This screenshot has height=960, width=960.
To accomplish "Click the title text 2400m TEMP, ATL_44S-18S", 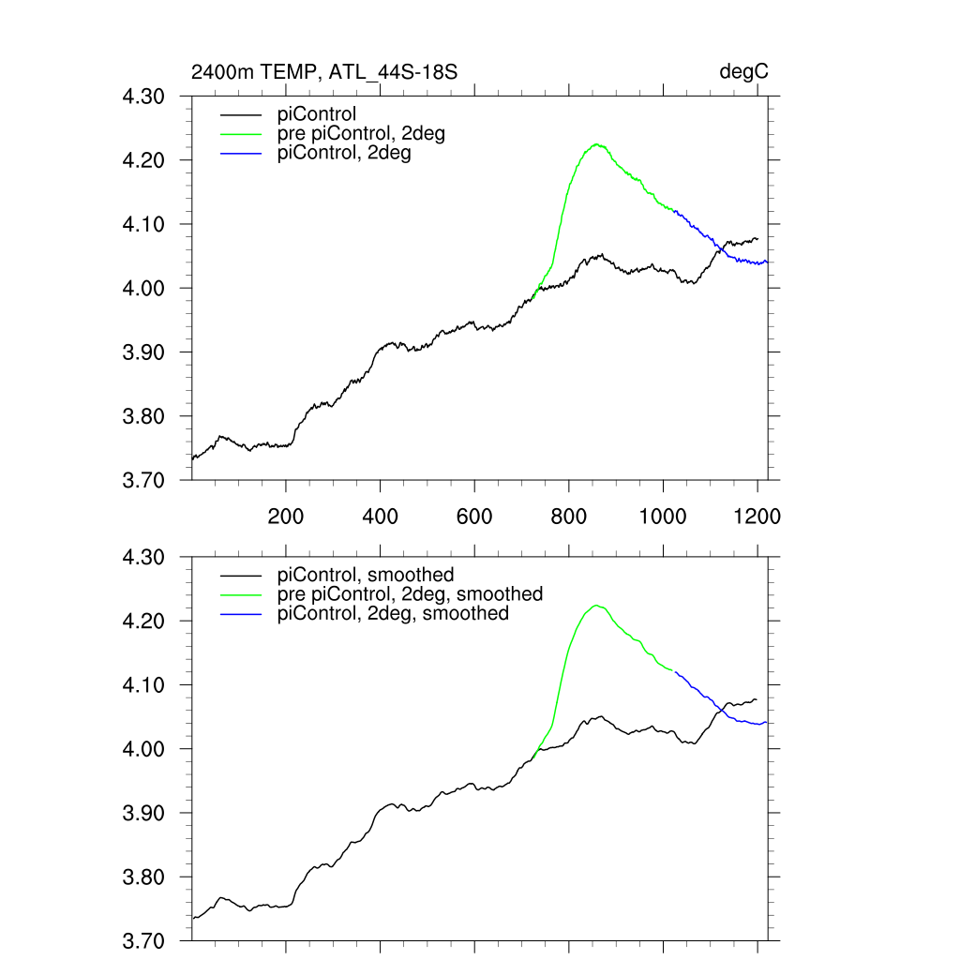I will point(324,71).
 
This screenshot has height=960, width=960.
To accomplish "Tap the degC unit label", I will point(744,71).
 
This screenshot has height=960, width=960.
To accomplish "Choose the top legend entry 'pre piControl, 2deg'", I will point(361,134).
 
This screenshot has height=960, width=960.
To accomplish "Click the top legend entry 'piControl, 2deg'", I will point(344,154).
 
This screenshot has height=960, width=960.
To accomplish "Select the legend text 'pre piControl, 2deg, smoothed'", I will point(410,594).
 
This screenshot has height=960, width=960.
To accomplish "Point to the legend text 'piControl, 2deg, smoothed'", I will point(393,614).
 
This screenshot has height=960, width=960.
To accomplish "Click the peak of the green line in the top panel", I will point(596,144).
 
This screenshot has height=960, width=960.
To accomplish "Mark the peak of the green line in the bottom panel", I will point(596,606).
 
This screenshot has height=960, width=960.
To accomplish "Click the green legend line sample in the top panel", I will point(240,134).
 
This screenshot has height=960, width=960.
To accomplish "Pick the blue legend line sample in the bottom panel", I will point(240,614).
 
